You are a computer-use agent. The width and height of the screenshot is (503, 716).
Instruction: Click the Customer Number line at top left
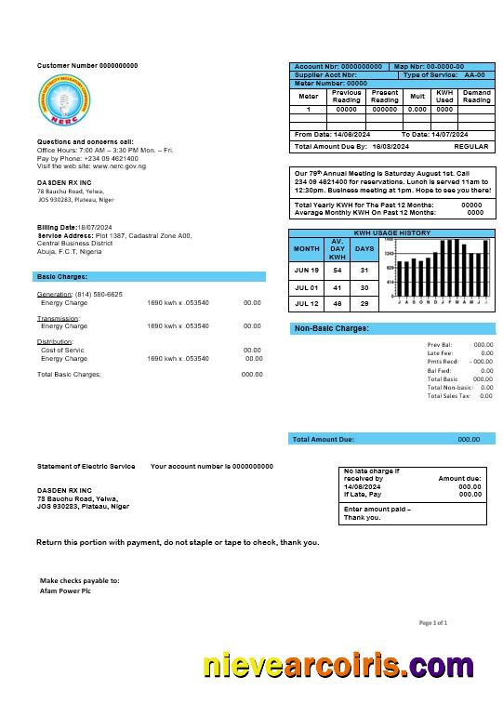coord(86,66)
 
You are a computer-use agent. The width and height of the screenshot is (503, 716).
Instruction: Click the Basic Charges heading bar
coord(149,276)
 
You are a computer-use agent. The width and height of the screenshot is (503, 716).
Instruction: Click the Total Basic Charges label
coord(69,374)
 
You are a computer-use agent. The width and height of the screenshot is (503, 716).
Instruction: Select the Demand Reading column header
coord(477,97)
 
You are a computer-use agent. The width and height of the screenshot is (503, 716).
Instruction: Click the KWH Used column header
coord(444,97)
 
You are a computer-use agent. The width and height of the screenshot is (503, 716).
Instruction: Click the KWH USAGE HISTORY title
coord(392,232)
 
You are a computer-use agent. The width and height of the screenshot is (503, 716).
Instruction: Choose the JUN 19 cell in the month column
coord(307,270)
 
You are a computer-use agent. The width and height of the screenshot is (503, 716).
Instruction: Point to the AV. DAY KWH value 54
coord(338,270)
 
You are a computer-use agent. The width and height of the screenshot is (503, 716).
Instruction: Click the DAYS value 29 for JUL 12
coord(364,304)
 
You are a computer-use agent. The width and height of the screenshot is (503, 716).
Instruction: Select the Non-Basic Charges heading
coord(332,328)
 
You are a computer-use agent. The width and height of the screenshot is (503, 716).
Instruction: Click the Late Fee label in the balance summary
coord(440,352)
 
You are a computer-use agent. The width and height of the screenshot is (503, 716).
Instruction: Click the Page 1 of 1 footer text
coord(433,622)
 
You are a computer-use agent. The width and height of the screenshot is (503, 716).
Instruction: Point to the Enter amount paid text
coord(377,510)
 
